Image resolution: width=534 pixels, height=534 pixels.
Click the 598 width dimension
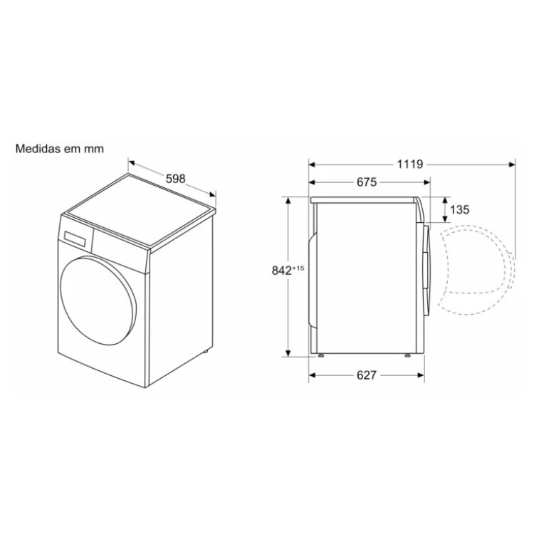pyautogui.click(x=176, y=179)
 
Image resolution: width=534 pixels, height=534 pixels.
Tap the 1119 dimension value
pyautogui.click(x=410, y=164)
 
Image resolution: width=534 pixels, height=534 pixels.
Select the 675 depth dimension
pyautogui.click(x=367, y=182)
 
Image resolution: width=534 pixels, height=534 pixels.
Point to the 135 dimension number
pyautogui.click(x=460, y=210)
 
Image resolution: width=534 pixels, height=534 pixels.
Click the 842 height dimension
pyautogui.click(x=282, y=271)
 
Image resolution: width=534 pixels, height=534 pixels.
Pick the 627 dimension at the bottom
pyautogui.click(x=367, y=375)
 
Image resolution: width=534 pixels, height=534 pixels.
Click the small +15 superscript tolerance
pyautogui.click(x=298, y=268)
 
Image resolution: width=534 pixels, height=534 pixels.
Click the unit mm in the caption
pyautogui.click(x=95, y=150)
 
